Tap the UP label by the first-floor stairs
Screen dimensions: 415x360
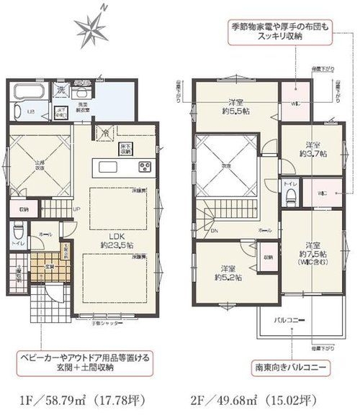click(77, 209)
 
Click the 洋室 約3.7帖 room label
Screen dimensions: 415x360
click(313, 148)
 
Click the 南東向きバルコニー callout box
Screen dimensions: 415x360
click(292, 367)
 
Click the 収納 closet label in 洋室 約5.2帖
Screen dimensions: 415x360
click(266, 257)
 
